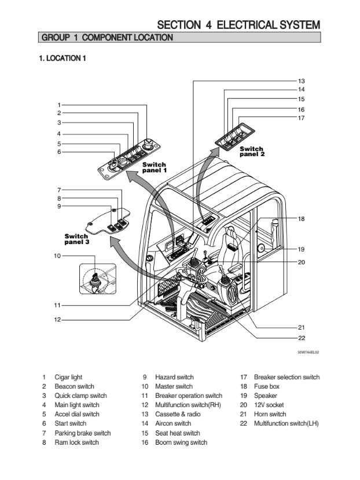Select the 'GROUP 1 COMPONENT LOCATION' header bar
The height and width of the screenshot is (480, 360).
coord(106,38)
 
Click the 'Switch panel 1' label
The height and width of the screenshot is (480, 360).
coord(155,168)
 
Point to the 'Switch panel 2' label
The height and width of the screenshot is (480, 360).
coord(252,152)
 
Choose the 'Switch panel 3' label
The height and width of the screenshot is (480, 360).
coord(76,239)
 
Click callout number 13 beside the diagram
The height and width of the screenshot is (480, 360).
coord(301,81)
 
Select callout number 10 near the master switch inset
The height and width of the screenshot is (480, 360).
coord(57,255)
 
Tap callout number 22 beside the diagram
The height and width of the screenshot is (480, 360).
coord(301,338)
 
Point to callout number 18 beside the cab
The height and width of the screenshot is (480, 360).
coord(301,219)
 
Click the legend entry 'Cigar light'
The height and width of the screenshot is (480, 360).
coord(68,377)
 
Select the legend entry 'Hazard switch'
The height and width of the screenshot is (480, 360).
coord(174,377)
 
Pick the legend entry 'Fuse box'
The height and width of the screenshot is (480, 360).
coord(266,386)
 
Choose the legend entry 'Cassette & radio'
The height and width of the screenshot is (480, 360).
coord(178,414)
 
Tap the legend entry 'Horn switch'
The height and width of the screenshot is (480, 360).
coord(270,414)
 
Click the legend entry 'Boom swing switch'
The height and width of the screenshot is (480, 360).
coord(181,442)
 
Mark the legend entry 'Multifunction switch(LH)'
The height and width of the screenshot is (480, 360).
coord(286,423)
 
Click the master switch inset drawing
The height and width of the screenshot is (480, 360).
coord(97,279)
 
